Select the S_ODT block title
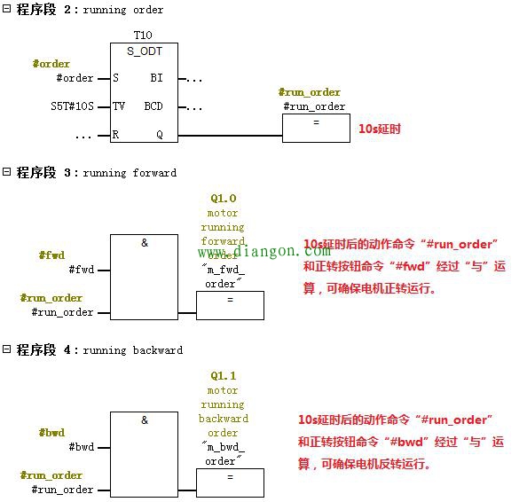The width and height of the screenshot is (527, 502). click(x=144, y=51)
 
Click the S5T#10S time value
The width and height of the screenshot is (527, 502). click(x=72, y=106)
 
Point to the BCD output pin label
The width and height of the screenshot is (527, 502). click(x=153, y=106)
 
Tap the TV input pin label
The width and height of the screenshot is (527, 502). click(x=119, y=106)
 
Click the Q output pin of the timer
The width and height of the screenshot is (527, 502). click(x=160, y=135)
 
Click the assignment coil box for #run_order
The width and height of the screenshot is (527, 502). click(x=316, y=128)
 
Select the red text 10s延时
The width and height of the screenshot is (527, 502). click(x=379, y=129)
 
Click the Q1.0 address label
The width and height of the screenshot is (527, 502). click(x=223, y=199)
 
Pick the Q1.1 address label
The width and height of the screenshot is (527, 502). click(x=223, y=376)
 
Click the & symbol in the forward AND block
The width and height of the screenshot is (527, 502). click(x=145, y=242)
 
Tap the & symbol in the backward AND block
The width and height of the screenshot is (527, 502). click(x=145, y=420)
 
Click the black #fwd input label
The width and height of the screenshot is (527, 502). click(x=81, y=270)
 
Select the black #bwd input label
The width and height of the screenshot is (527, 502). click(x=81, y=447)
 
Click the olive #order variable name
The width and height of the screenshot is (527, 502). click(x=51, y=64)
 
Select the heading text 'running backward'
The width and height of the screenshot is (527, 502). click(x=133, y=350)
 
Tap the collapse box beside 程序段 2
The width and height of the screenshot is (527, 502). click(x=7, y=9)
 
